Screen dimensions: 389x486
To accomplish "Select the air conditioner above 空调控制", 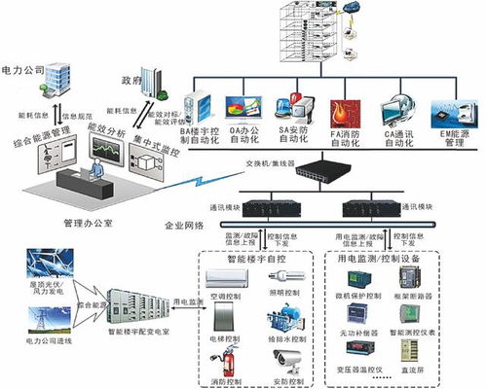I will [227, 279].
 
